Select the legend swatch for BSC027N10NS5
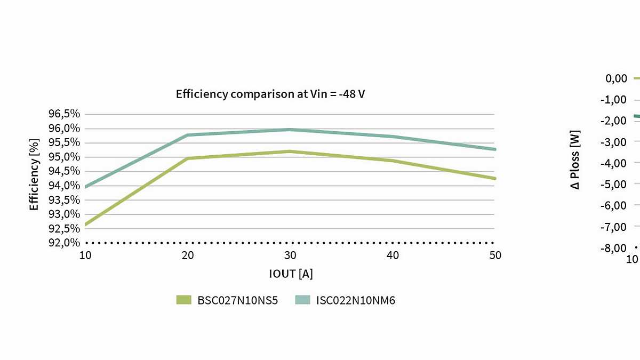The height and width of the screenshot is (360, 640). [x=183, y=300]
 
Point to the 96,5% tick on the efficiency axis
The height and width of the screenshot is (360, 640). [x=65, y=114]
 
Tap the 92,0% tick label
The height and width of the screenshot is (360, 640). [x=65, y=243]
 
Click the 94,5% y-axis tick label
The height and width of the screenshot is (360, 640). [x=65, y=171]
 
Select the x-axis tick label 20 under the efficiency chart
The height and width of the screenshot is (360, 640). [x=188, y=255]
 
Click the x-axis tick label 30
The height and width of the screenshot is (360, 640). [x=290, y=255]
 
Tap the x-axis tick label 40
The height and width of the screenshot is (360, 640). [x=393, y=255]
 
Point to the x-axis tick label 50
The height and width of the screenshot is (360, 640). [x=495, y=255]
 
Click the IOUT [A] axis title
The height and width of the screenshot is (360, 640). [x=291, y=274]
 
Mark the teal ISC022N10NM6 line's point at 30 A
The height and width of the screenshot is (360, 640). [x=290, y=130]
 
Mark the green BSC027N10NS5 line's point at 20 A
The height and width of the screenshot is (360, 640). [x=188, y=158]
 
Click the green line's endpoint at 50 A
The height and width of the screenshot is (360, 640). [x=495, y=178]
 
